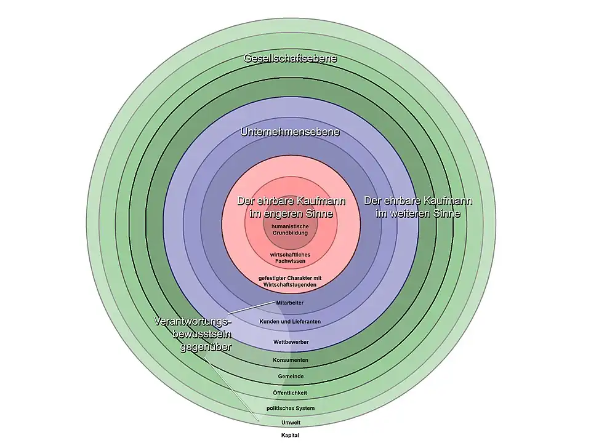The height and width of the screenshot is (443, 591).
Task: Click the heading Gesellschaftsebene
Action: (291, 58)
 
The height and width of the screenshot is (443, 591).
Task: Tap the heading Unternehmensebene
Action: (291, 132)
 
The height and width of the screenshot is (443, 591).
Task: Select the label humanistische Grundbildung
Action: (290, 229)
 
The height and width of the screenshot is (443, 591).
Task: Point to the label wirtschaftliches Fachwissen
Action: (291, 258)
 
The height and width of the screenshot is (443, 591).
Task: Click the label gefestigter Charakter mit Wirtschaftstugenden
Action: (291, 281)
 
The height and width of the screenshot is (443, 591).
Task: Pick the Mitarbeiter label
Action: (291, 303)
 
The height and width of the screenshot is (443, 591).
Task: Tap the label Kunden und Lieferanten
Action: (291, 322)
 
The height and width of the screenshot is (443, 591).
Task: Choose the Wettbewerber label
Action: (291, 341)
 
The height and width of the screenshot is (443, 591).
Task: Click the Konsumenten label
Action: (291, 360)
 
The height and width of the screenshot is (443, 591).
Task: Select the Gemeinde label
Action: (291, 376)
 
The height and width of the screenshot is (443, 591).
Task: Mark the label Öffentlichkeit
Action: (291, 393)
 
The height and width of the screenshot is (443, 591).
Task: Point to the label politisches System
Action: (291, 409)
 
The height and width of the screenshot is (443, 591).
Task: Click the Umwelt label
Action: (291, 423)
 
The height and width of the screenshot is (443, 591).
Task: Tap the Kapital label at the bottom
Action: (291, 436)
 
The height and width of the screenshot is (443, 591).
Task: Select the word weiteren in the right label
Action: (412, 214)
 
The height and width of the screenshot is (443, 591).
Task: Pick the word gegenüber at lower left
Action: (205, 347)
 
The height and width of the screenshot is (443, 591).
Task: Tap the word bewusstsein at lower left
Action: (198, 334)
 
